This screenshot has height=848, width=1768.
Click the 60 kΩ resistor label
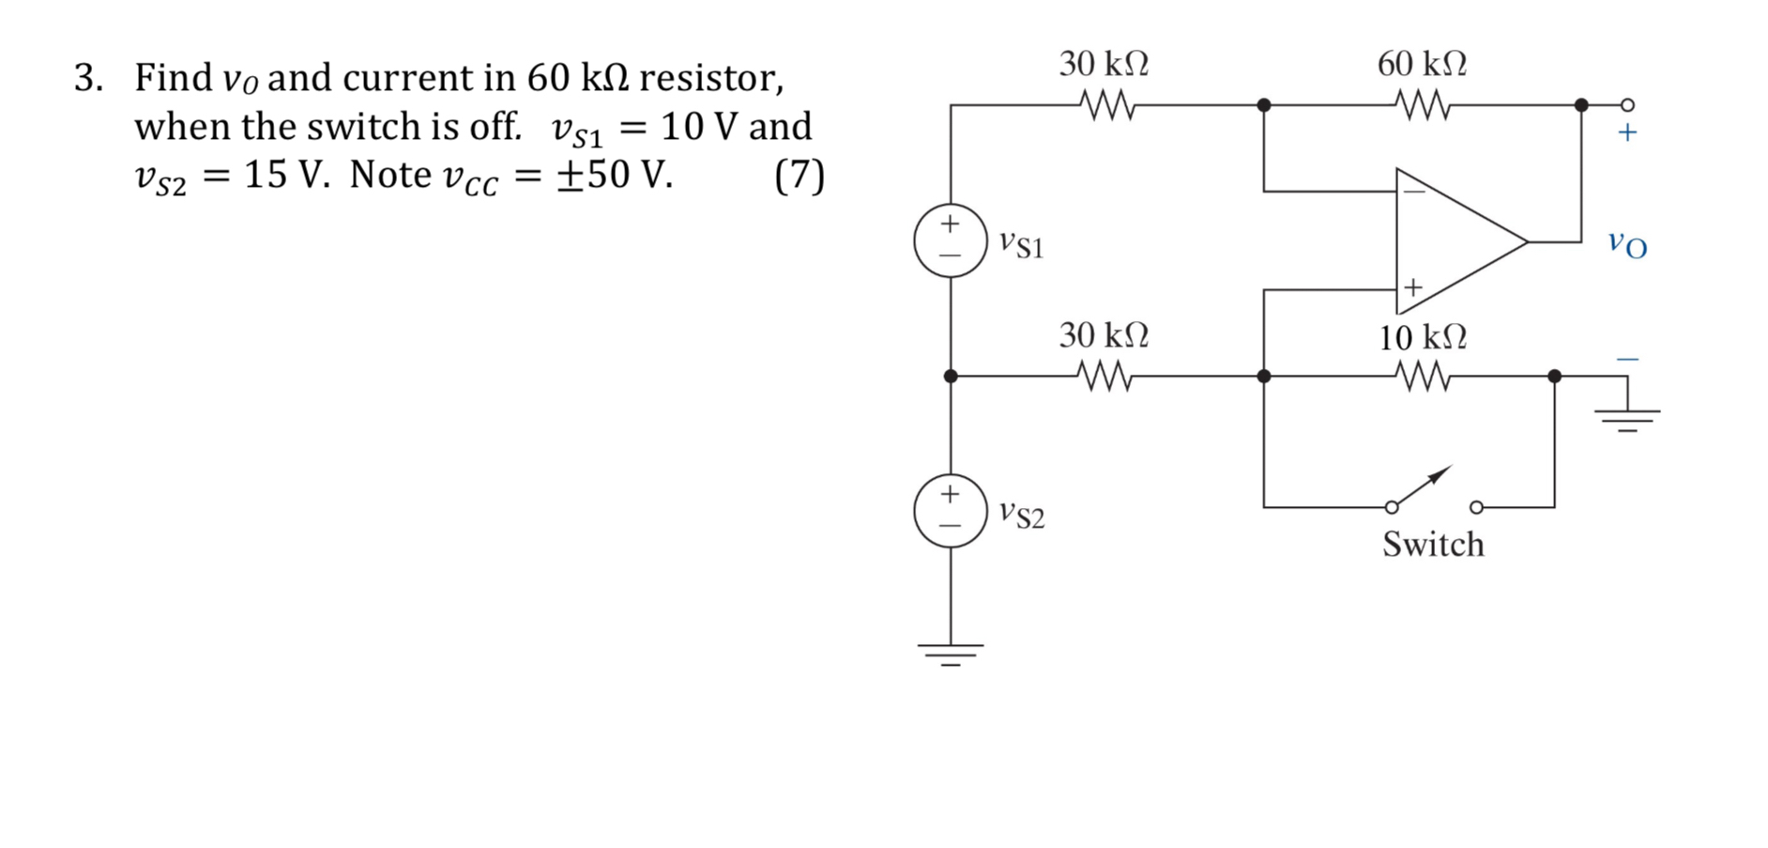pos(1421,64)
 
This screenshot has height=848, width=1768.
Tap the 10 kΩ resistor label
pos(1422,337)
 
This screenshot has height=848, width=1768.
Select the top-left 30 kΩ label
pos(1104,64)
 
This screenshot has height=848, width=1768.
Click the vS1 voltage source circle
pos(951,240)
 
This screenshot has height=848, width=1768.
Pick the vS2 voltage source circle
pos(951,511)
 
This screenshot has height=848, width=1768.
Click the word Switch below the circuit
pos(1432,545)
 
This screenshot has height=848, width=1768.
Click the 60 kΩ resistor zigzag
pos(1423,105)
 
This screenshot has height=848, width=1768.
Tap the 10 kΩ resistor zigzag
pos(1423,377)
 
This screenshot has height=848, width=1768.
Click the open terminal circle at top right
pos(1628,104)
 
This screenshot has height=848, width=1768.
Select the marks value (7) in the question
pos(799,176)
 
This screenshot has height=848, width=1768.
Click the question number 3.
pos(88,78)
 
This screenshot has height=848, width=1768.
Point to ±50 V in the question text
pos(614,175)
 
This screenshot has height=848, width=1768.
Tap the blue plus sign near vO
pos(1627,132)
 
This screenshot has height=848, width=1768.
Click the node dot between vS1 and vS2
pos(951,377)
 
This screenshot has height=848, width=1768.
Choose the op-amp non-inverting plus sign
pos(1413,287)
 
